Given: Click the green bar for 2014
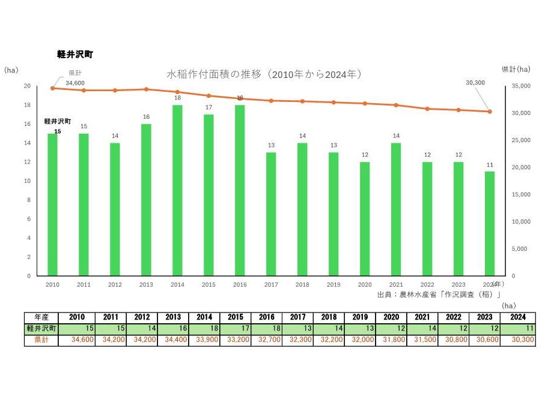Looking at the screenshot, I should [x=177, y=191].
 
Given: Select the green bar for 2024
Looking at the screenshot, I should [x=490, y=224].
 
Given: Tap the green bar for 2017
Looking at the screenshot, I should [x=271, y=214].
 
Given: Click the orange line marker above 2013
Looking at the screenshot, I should [x=146, y=89].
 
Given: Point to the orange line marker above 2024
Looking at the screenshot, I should [x=490, y=112].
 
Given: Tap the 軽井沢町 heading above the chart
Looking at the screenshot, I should [x=75, y=55].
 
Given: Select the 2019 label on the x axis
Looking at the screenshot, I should [x=333, y=284].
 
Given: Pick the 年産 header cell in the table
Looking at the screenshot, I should [x=41, y=317].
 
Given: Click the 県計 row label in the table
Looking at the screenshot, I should [x=41, y=340].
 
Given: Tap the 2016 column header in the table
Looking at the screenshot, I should [x=266, y=317].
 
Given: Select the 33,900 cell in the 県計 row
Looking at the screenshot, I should [x=204, y=340].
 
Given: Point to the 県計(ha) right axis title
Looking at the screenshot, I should [x=516, y=70].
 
